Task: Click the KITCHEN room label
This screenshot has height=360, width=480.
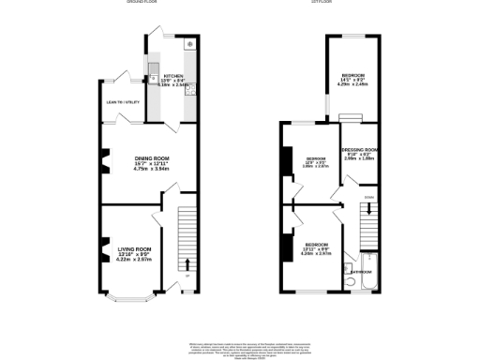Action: point(174,76)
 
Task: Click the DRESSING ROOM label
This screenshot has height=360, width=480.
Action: point(359,149)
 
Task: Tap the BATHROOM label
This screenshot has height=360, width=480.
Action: point(367,272)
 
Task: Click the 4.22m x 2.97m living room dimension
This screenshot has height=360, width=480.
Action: point(134,260)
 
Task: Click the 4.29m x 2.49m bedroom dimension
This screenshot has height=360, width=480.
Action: point(352,85)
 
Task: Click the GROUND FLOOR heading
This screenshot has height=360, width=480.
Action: point(141,3)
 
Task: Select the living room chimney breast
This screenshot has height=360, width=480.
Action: point(97,256)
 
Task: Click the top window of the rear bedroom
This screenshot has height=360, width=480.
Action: point(353,36)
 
